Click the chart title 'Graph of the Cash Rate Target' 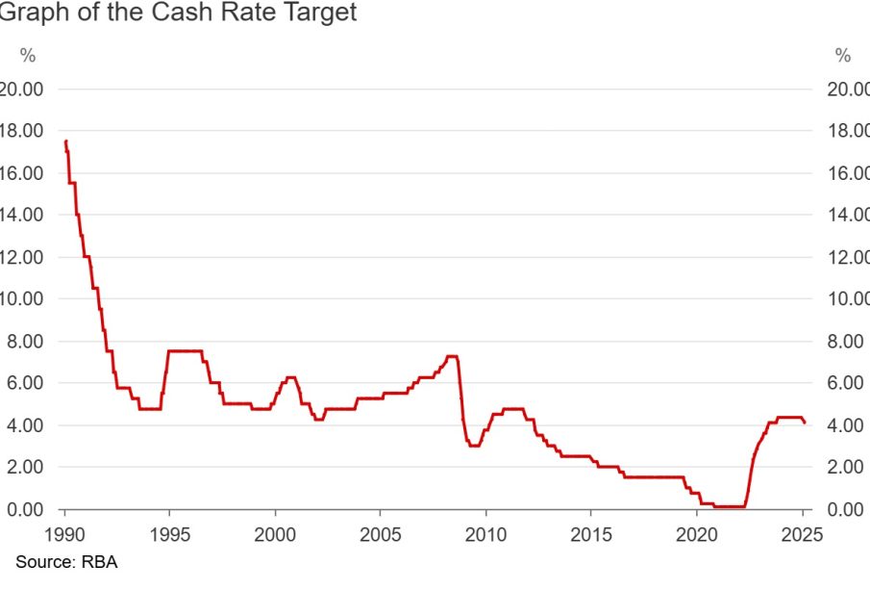(178, 14)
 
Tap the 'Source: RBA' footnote (65, 560)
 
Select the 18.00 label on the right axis (848, 131)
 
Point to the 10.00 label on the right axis (848, 298)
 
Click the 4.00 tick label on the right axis (848, 424)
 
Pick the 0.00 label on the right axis (848, 508)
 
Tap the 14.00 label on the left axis (23, 215)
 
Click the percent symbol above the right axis (843, 55)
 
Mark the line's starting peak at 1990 (65, 141)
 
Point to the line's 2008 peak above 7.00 (452, 356)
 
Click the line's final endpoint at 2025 (805, 423)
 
